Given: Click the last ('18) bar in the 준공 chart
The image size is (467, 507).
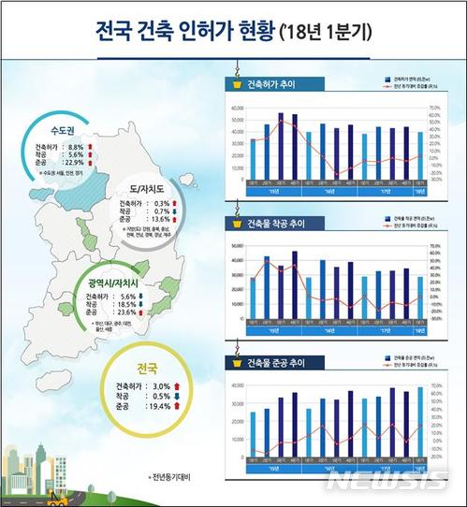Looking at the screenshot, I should coord(419,420).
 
